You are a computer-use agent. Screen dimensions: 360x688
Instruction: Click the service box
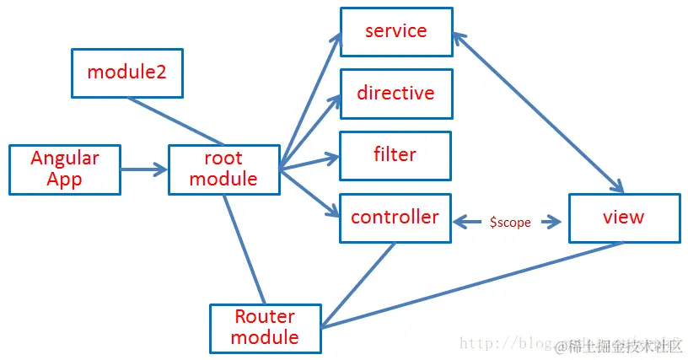395,32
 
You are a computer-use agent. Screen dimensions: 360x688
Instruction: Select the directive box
395,94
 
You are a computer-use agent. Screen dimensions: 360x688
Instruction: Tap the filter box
395,155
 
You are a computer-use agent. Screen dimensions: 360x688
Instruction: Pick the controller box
395,218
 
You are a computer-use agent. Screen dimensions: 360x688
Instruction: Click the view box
624,218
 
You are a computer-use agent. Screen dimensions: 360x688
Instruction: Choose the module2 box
126,72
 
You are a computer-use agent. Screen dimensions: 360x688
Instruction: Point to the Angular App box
65,169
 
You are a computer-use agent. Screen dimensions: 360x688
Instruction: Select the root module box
223,169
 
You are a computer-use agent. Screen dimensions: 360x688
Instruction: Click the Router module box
265,327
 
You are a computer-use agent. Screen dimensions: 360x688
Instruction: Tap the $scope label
509,223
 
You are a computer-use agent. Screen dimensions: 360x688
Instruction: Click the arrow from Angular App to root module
144,169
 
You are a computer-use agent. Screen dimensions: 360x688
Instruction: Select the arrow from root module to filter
309,163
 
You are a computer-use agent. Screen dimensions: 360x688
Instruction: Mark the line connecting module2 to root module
175,121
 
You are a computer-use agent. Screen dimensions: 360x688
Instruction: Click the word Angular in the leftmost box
65,159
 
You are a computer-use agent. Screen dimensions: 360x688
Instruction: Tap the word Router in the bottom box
265,317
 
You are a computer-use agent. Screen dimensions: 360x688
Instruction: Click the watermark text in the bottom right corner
620,346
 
